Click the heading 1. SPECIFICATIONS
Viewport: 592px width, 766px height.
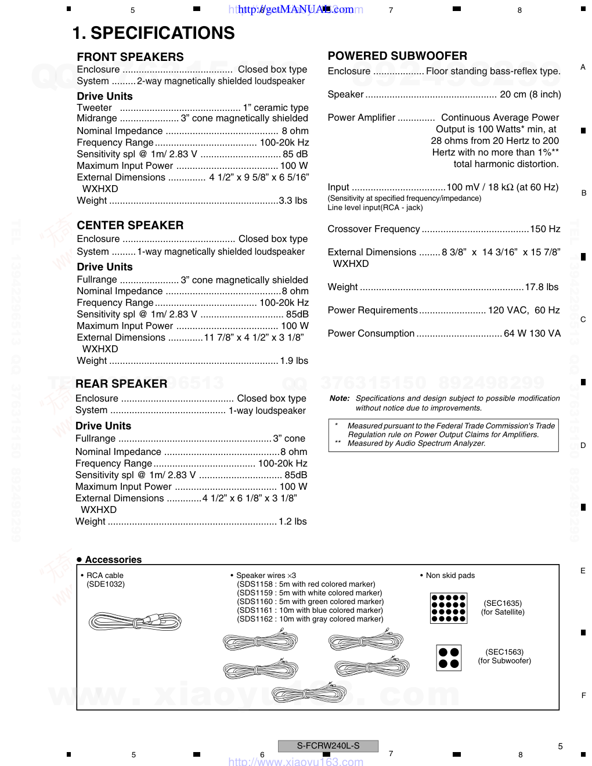tap(153, 33)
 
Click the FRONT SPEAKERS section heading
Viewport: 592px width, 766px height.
tap(130, 57)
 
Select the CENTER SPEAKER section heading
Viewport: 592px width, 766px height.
tap(130, 225)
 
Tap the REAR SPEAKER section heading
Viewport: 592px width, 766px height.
tap(121, 384)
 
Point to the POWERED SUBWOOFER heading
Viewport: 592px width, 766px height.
tap(397, 56)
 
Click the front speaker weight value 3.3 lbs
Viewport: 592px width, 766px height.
tap(293, 200)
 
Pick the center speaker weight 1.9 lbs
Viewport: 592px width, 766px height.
tap(294, 360)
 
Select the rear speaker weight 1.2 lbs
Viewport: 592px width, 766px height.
tap(293, 521)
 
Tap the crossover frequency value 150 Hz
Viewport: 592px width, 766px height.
tap(545, 229)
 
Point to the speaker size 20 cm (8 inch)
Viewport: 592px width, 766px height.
tap(530, 94)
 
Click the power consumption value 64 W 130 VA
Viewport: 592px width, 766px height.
tap(532, 333)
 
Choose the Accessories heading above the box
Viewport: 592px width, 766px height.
tap(113, 559)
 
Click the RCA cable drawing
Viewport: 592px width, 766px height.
tap(135, 622)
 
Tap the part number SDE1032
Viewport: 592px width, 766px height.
tap(106, 584)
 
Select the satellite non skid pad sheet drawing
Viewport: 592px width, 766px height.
tap(449, 608)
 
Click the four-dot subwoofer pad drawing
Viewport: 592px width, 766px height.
tap(449, 657)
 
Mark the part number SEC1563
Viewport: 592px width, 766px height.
tap(504, 652)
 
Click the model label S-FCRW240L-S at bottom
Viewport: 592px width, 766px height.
tap(328, 746)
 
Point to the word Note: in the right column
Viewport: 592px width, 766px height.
tap(340, 398)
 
